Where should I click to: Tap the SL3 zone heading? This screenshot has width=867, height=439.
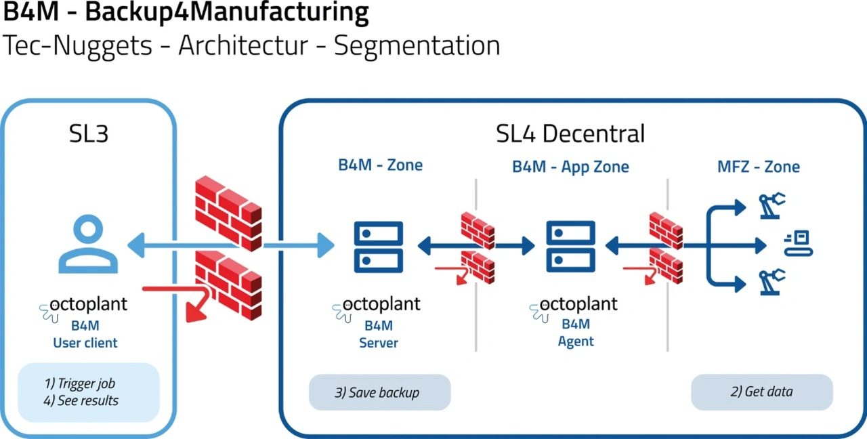(89, 134)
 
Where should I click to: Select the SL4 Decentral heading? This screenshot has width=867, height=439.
(570, 133)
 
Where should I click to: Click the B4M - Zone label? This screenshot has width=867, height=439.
(381, 165)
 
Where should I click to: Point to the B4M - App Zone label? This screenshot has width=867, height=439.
(570, 166)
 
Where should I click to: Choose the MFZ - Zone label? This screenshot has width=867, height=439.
(759, 166)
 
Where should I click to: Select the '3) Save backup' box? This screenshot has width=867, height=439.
(379, 392)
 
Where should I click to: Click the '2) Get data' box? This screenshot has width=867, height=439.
(761, 392)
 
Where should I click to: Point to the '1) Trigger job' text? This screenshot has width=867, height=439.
(80, 383)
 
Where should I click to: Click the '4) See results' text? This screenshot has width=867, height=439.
(81, 400)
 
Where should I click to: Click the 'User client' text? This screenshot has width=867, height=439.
(85, 343)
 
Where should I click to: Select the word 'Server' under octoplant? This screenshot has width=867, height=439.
(379, 343)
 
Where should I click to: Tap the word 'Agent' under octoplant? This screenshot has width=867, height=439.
(576, 341)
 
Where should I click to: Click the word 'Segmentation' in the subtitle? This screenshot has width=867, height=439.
(417, 45)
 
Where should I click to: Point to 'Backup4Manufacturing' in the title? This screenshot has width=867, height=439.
(227, 13)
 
